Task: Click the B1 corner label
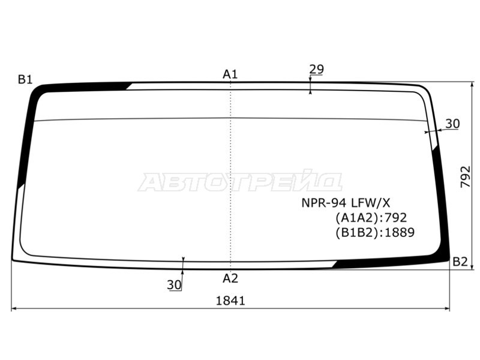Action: (x=25, y=80)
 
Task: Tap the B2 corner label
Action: (x=460, y=262)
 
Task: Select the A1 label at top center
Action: (x=230, y=74)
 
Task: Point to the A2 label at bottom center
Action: (x=230, y=278)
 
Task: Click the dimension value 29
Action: (x=316, y=70)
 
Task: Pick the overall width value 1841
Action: (x=230, y=301)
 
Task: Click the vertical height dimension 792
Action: (x=466, y=176)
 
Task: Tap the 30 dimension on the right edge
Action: (x=452, y=124)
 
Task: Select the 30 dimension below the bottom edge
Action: (x=174, y=285)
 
